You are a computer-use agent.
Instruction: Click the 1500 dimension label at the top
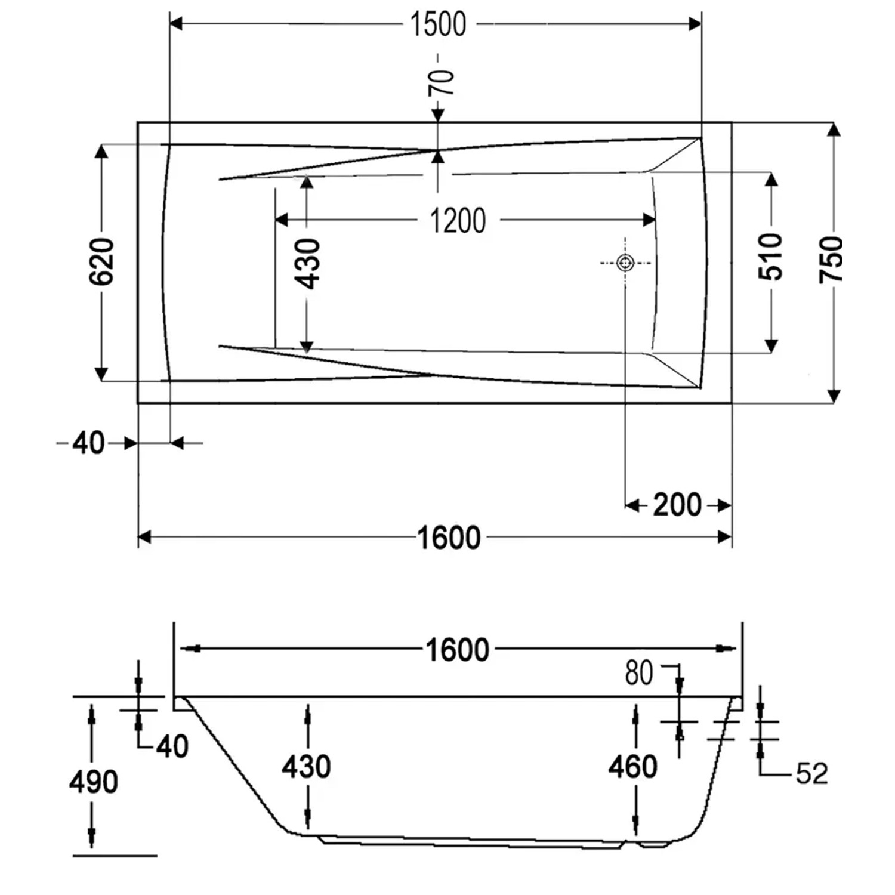[438, 24]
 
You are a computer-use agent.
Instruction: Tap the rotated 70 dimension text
[442, 82]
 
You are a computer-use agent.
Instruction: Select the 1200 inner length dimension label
[458, 221]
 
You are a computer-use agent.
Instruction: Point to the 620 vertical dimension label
[101, 261]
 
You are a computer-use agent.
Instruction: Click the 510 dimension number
[770, 257]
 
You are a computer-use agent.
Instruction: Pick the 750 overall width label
[831, 260]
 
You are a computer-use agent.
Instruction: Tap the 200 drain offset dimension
[677, 505]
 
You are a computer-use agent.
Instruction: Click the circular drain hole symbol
[625, 263]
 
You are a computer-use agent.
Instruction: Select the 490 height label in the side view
[93, 782]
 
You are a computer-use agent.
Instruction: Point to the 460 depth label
[632, 766]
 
